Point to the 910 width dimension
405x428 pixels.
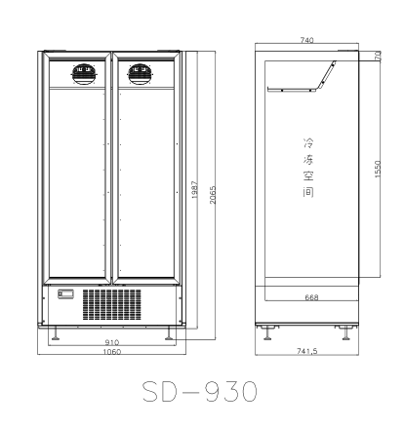(x=112, y=342)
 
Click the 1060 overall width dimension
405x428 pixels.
(x=112, y=352)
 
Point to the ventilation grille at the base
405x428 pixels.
(x=113, y=303)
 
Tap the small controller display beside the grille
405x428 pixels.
(x=67, y=293)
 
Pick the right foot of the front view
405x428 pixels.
(x=170, y=334)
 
